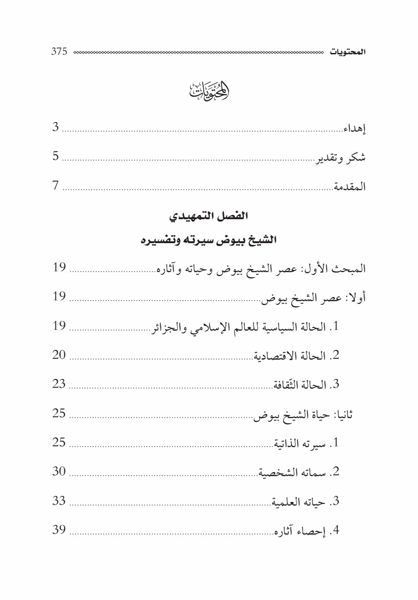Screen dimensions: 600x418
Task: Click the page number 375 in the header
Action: [x=59, y=52]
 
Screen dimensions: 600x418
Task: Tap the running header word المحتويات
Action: [x=348, y=52]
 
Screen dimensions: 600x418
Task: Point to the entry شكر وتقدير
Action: [x=341, y=157]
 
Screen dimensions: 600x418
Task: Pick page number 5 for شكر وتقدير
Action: [x=55, y=157]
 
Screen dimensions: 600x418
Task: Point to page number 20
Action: [x=59, y=355]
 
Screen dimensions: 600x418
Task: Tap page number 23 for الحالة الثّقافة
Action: [x=59, y=384]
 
